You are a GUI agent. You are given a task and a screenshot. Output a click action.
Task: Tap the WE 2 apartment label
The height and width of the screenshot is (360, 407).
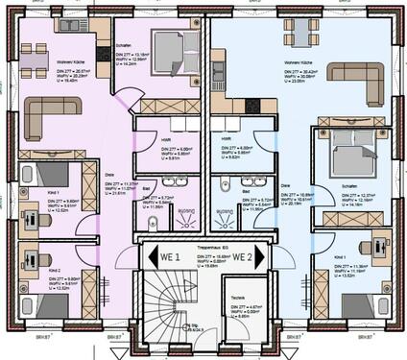click(241, 256)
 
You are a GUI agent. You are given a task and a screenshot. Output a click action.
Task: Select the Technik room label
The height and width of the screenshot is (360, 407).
click(236, 298)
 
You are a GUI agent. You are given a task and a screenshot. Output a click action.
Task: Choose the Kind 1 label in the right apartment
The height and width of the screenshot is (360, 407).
click(340, 258)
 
